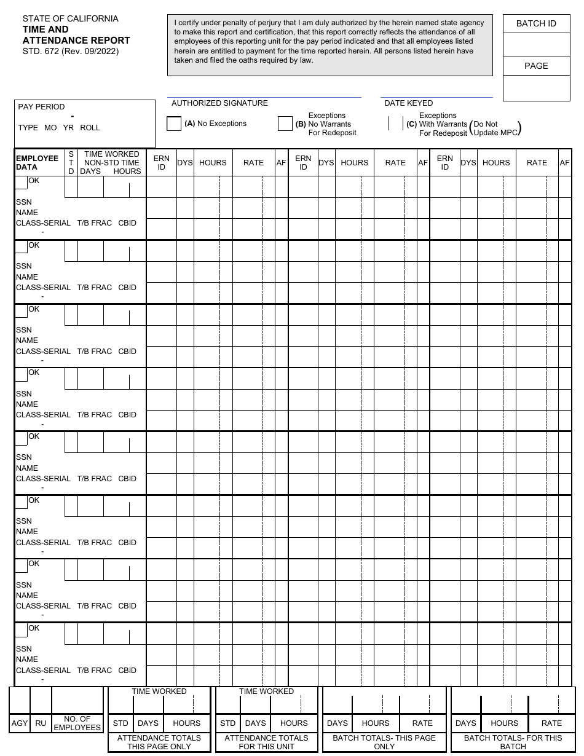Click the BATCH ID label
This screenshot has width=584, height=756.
[x=536, y=23]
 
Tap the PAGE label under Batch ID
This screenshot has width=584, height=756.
[x=536, y=66]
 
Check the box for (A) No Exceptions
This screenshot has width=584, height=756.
[x=174, y=124]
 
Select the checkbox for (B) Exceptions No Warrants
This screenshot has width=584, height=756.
[x=285, y=124]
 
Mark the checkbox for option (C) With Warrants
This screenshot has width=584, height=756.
[x=395, y=124]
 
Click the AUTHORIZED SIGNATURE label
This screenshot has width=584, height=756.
[x=219, y=103]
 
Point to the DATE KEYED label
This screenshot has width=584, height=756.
[x=408, y=103]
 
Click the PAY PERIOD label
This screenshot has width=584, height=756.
[x=41, y=107]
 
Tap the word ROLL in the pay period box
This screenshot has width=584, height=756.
[x=90, y=128]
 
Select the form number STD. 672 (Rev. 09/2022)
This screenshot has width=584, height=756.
[x=71, y=51]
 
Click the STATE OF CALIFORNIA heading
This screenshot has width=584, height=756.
[x=71, y=18]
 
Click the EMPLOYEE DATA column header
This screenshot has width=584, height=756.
[x=37, y=162]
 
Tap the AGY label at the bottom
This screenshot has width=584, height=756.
[x=20, y=723]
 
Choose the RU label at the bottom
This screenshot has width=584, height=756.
[x=41, y=723]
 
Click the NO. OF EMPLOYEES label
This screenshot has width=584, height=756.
[x=77, y=723]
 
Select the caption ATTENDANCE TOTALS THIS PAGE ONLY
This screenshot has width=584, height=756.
[x=159, y=742]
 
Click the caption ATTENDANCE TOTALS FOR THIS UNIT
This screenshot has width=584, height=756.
[x=266, y=742]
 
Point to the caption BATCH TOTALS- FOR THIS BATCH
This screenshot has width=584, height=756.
[x=513, y=742]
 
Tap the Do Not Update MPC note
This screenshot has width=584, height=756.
[x=495, y=128]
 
